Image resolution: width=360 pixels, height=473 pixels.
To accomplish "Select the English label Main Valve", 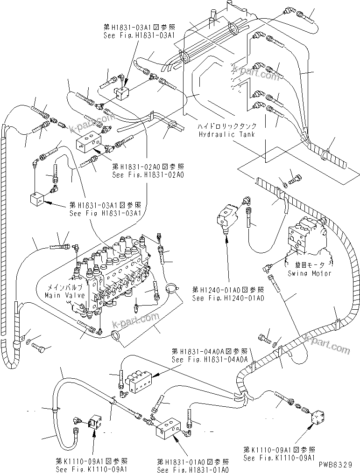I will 65,295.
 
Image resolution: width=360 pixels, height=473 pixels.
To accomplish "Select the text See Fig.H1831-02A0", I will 148,175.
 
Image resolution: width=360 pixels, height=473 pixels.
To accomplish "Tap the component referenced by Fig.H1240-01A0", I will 227,216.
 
